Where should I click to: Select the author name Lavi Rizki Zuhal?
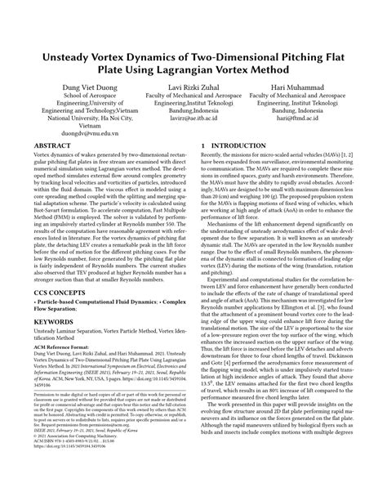tap(193, 87)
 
